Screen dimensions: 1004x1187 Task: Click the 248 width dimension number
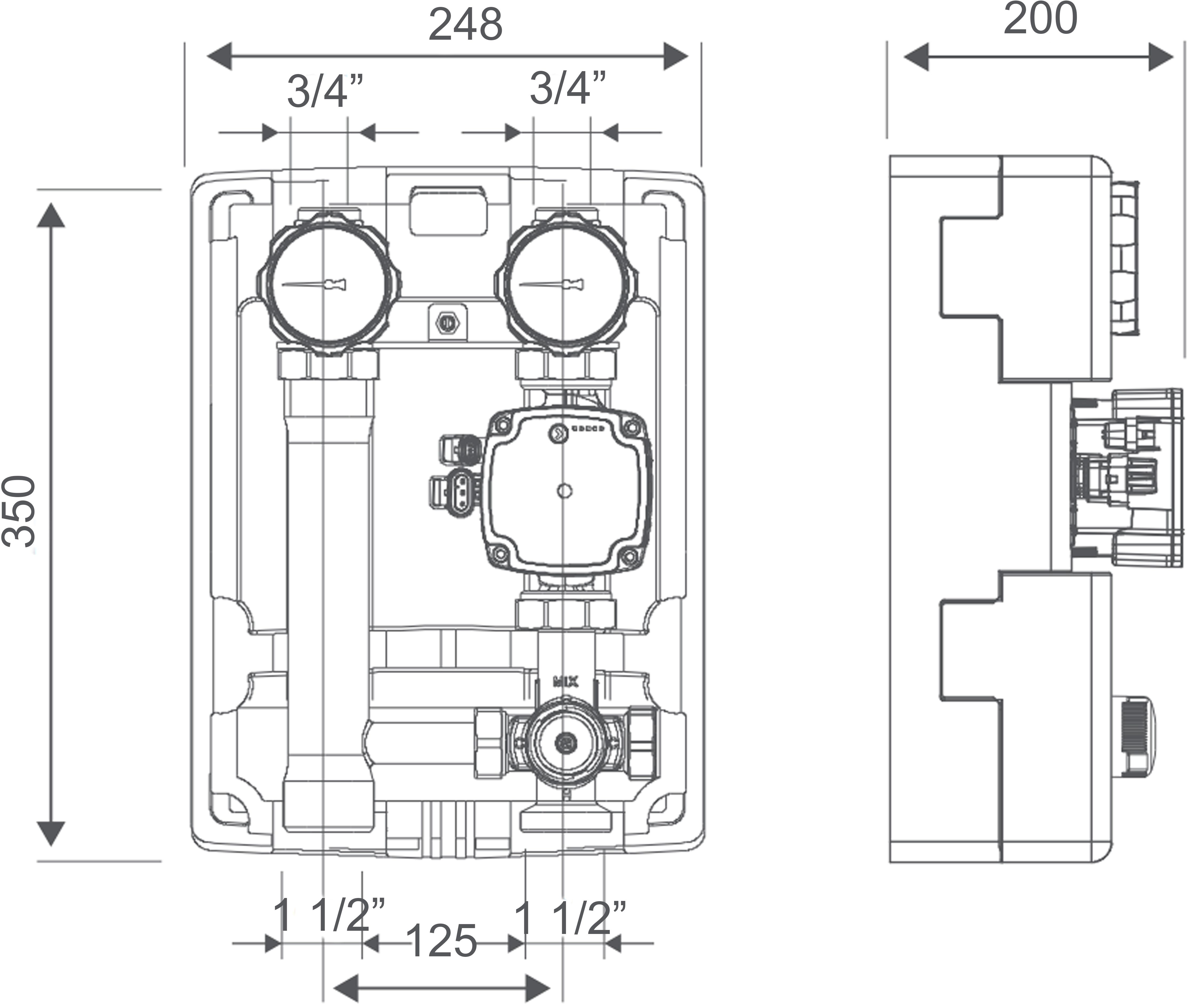(465, 25)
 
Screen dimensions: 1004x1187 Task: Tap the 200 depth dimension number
(1040, 19)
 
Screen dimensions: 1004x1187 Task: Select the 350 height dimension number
(19, 511)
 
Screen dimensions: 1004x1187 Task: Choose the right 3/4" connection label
(567, 88)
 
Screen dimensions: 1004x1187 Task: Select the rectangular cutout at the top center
(448, 211)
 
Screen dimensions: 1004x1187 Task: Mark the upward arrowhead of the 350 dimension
(51, 215)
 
